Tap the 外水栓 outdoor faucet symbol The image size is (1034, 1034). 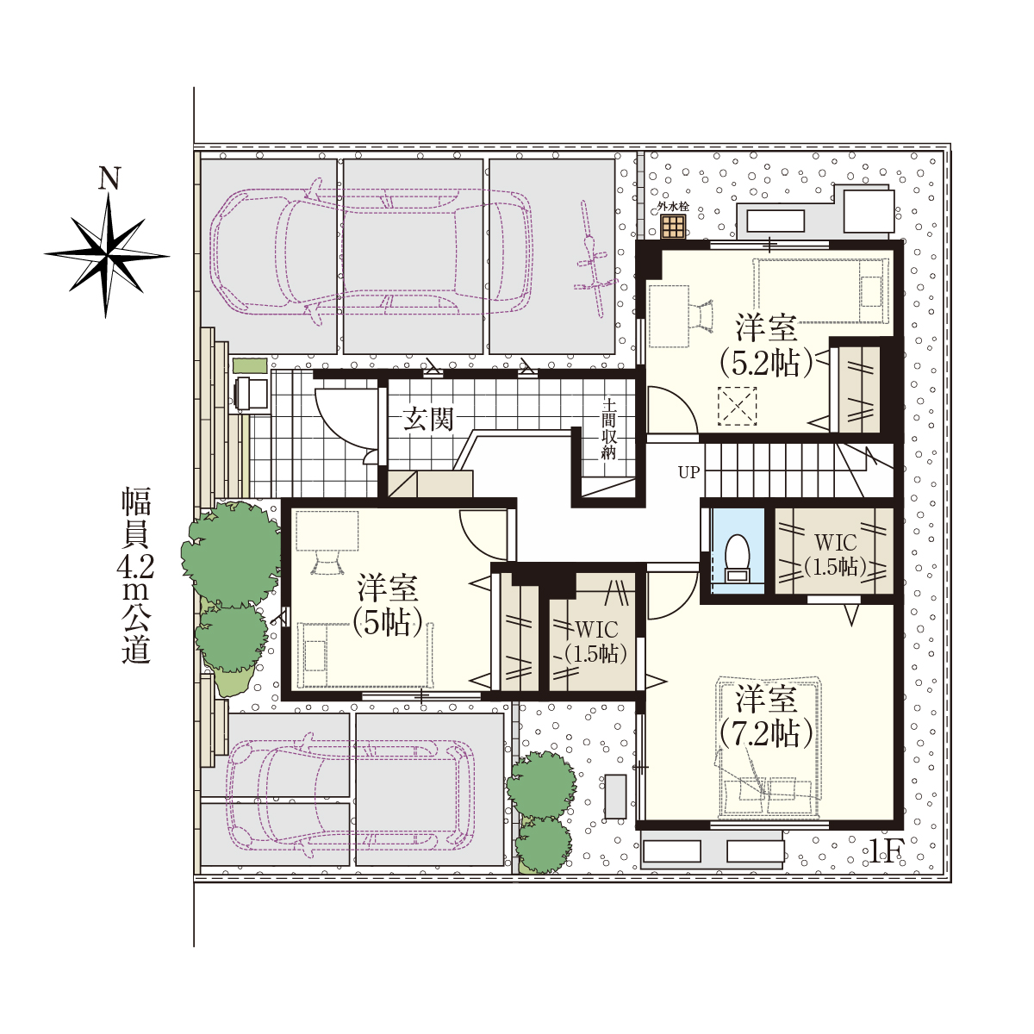click(x=673, y=227)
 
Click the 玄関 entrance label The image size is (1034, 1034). click(x=428, y=419)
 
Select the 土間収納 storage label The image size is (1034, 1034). click(x=608, y=429)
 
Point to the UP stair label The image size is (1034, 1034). click(x=689, y=472)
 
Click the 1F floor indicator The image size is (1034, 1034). click(x=887, y=851)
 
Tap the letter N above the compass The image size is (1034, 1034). click(x=109, y=178)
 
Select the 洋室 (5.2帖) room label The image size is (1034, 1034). click(x=766, y=346)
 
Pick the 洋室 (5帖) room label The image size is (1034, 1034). click(x=388, y=605)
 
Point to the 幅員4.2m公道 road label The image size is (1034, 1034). click(x=136, y=576)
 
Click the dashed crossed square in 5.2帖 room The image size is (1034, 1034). click(x=738, y=406)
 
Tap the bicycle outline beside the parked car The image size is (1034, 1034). click(x=595, y=259)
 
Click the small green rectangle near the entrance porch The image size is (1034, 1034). click(x=250, y=365)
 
